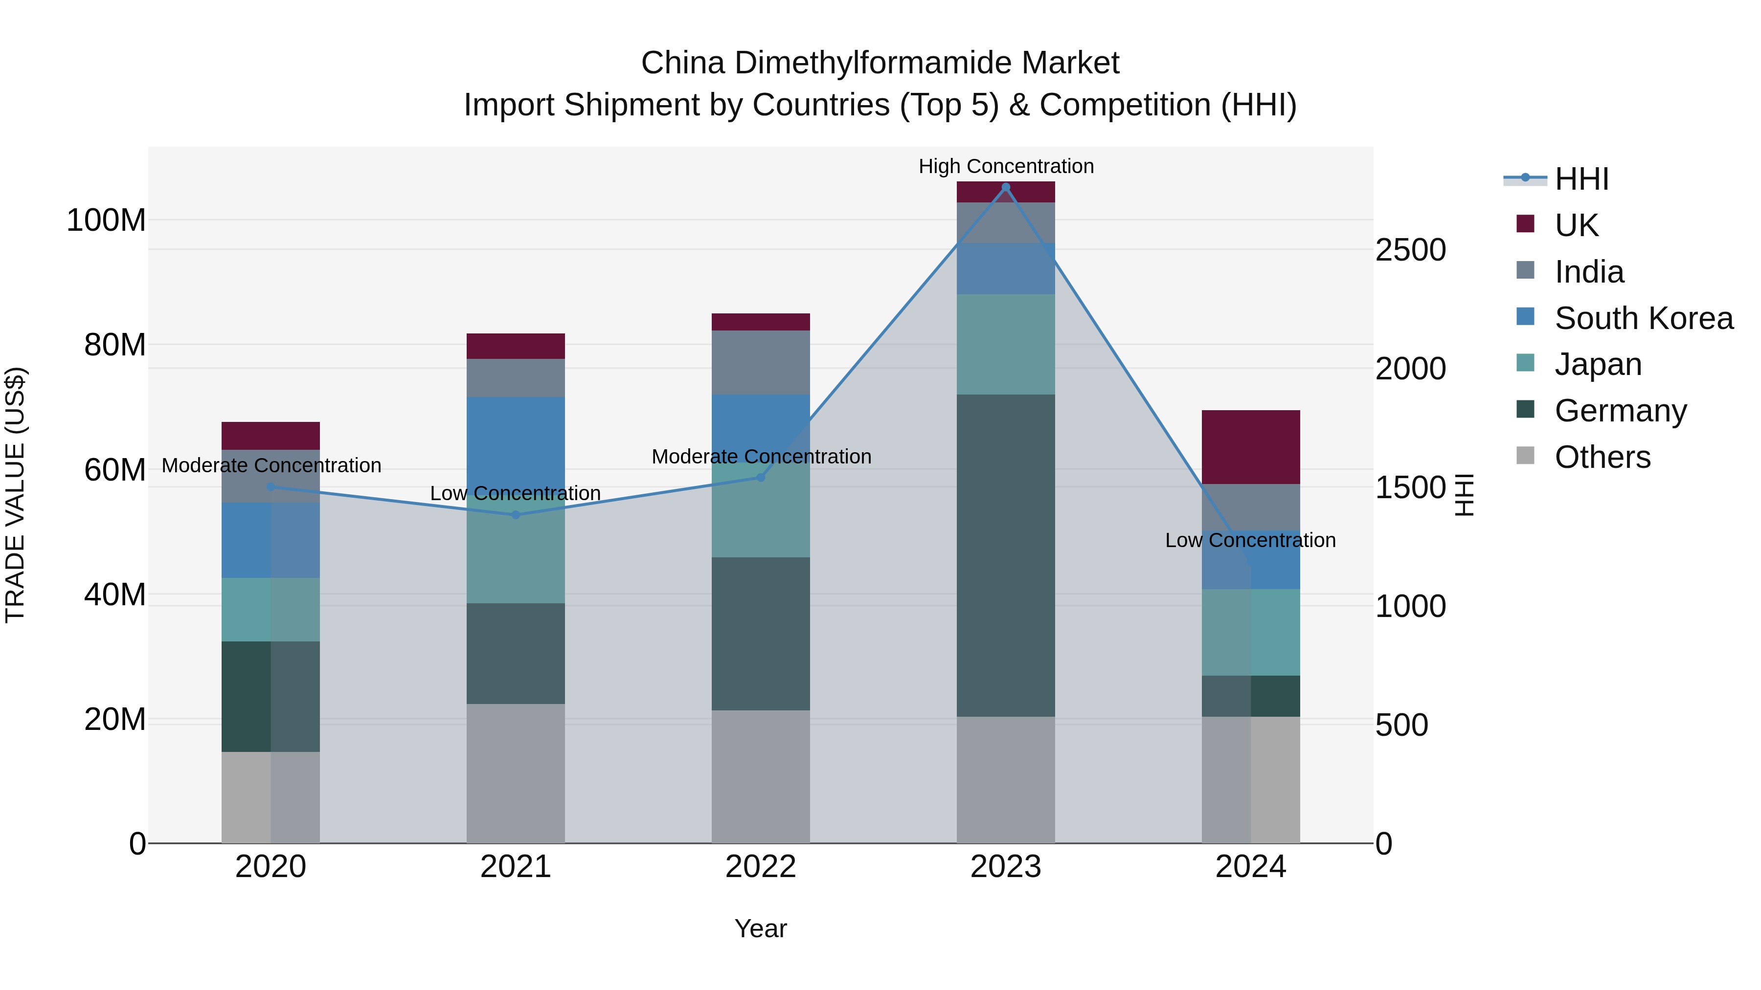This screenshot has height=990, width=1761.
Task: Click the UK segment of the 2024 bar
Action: click(x=1250, y=447)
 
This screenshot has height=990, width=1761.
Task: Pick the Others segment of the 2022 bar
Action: click(x=760, y=776)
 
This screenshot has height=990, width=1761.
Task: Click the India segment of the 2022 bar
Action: click(x=760, y=362)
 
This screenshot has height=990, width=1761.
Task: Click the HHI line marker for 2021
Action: click(x=516, y=514)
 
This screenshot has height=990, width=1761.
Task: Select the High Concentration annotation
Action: click(x=1006, y=166)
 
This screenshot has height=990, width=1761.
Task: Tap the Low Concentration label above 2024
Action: click(x=1250, y=540)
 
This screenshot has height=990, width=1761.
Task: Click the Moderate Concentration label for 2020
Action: click(x=271, y=465)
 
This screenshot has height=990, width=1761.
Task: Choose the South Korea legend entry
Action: click(x=1644, y=318)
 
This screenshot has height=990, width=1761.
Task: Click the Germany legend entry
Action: click(x=1620, y=411)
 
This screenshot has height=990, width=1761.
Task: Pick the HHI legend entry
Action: click(x=1580, y=179)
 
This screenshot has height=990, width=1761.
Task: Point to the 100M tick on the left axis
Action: click(x=106, y=220)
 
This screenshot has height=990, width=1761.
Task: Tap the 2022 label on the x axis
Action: click(x=760, y=867)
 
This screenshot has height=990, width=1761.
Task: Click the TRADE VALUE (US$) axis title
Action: click(x=16, y=495)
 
